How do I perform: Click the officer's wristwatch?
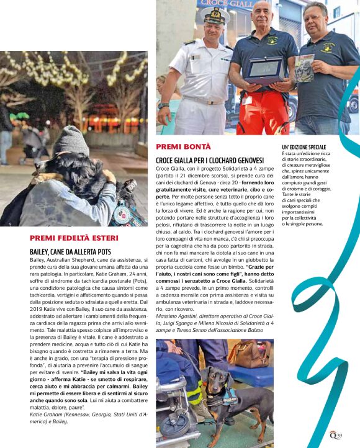point(164,106)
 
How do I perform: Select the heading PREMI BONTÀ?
point(183,146)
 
